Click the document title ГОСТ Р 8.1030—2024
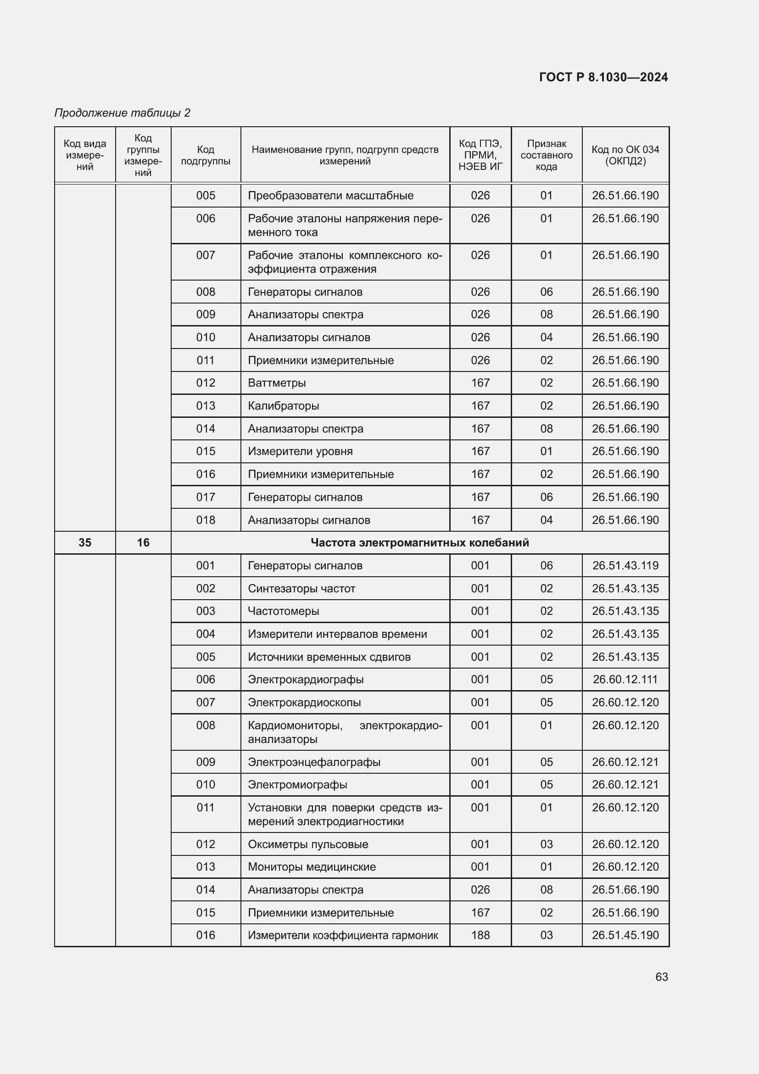coord(603,77)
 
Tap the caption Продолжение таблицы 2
coord(123,113)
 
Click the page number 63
coord(661,977)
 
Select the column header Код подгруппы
coord(205,155)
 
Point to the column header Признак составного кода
coord(546,155)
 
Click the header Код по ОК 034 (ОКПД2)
coord(625,155)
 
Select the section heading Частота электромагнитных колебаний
coord(419,543)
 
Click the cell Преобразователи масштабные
coord(330,196)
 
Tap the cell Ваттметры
coord(277,383)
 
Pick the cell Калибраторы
coord(283,405)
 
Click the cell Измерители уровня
coord(300,451)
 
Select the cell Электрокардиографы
coord(306,679)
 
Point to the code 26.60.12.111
coord(625,679)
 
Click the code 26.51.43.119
coord(625,566)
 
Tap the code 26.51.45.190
coord(625,935)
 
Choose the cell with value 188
coord(480,935)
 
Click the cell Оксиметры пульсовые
coord(308,844)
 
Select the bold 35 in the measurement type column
coord(84,543)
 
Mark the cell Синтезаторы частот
coord(301,589)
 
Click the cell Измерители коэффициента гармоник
coord(343,935)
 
